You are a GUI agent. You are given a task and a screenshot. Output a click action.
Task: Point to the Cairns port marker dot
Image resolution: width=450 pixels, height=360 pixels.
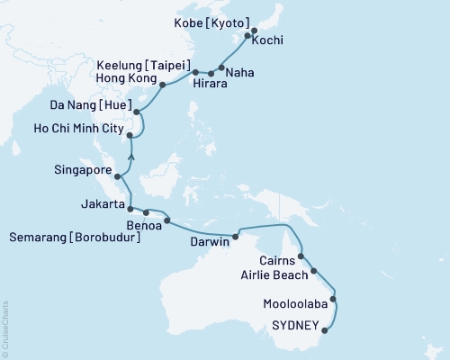pos(301,256)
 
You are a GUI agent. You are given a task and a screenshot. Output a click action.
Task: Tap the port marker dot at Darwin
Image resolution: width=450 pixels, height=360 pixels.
pos(235,238)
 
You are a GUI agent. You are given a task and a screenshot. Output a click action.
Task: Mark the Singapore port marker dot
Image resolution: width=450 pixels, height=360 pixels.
pos(117,176)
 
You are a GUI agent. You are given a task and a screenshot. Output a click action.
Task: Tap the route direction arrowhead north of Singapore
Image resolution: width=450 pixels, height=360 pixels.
pos(131,157)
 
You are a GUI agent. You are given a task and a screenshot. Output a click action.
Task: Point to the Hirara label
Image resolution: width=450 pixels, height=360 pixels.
pos(210,86)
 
